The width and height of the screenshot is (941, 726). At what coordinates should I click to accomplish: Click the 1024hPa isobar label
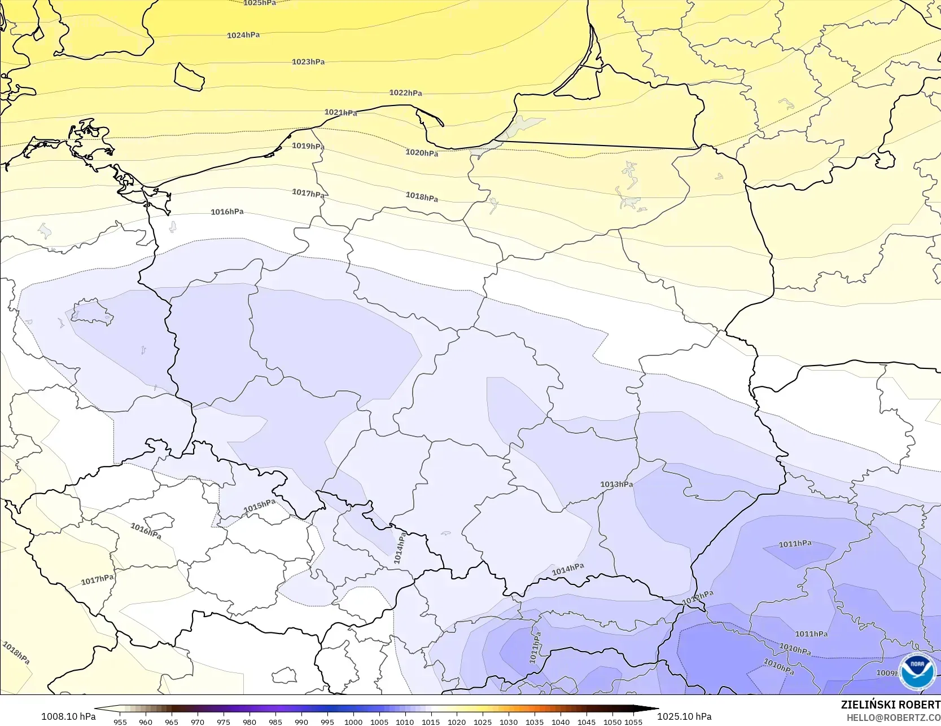pyautogui.click(x=243, y=35)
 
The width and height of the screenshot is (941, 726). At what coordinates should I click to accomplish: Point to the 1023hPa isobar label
pyautogui.click(x=308, y=61)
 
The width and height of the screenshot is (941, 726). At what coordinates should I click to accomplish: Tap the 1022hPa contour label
pyautogui.click(x=405, y=93)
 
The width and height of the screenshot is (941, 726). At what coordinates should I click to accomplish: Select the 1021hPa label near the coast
pyautogui.click(x=340, y=112)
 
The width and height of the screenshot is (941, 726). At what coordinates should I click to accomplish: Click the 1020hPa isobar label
pyautogui.click(x=422, y=152)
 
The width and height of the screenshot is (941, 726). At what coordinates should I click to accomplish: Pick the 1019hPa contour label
pyautogui.click(x=308, y=146)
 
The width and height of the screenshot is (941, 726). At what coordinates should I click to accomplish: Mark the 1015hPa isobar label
pyautogui.click(x=260, y=506)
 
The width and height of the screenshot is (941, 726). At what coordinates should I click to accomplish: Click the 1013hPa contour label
pyautogui.click(x=616, y=484)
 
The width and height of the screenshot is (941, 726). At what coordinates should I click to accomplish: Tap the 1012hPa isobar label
pyautogui.click(x=698, y=597)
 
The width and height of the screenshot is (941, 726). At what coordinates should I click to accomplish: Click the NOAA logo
pyautogui.click(x=917, y=671)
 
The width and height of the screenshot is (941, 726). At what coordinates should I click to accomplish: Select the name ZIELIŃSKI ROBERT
pyautogui.click(x=890, y=705)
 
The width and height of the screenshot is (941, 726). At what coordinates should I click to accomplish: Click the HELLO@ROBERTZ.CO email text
pyautogui.click(x=893, y=718)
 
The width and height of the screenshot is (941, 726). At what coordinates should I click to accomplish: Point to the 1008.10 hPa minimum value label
pyautogui.click(x=68, y=716)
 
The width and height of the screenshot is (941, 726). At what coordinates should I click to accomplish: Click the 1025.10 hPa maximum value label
pyautogui.click(x=684, y=716)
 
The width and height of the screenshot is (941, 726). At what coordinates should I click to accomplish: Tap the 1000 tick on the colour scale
pyautogui.click(x=353, y=721)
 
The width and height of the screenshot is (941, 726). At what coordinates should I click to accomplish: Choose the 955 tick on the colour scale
pyautogui.click(x=120, y=721)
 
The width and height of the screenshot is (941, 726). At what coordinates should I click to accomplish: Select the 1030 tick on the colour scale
pyautogui.click(x=509, y=721)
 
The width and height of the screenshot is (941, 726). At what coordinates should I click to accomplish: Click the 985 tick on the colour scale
pyautogui.click(x=275, y=721)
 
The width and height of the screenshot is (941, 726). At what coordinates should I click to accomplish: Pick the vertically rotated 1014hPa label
pyautogui.click(x=399, y=548)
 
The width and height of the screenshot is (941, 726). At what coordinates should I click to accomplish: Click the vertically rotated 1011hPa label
pyautogui.click(x=535, y=647)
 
